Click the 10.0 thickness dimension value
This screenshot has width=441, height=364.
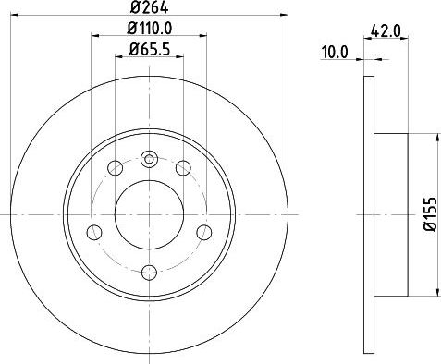(x=335, y=53)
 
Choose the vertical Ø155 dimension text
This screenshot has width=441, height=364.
(x=429, y=214)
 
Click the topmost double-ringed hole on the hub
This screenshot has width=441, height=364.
(x=149, y=158)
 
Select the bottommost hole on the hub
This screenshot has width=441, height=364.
(x=149, y=271)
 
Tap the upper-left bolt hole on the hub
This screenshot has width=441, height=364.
(x=116, y=167)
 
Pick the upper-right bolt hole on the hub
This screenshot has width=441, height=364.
(x=183, y=167)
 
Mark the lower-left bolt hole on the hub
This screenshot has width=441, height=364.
(x=94, y=232)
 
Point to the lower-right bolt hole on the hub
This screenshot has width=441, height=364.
(x=203, y=232)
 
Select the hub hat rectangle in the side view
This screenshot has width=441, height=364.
(x=391, y=214)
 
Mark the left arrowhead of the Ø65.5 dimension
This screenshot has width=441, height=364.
(x=117, y=58)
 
